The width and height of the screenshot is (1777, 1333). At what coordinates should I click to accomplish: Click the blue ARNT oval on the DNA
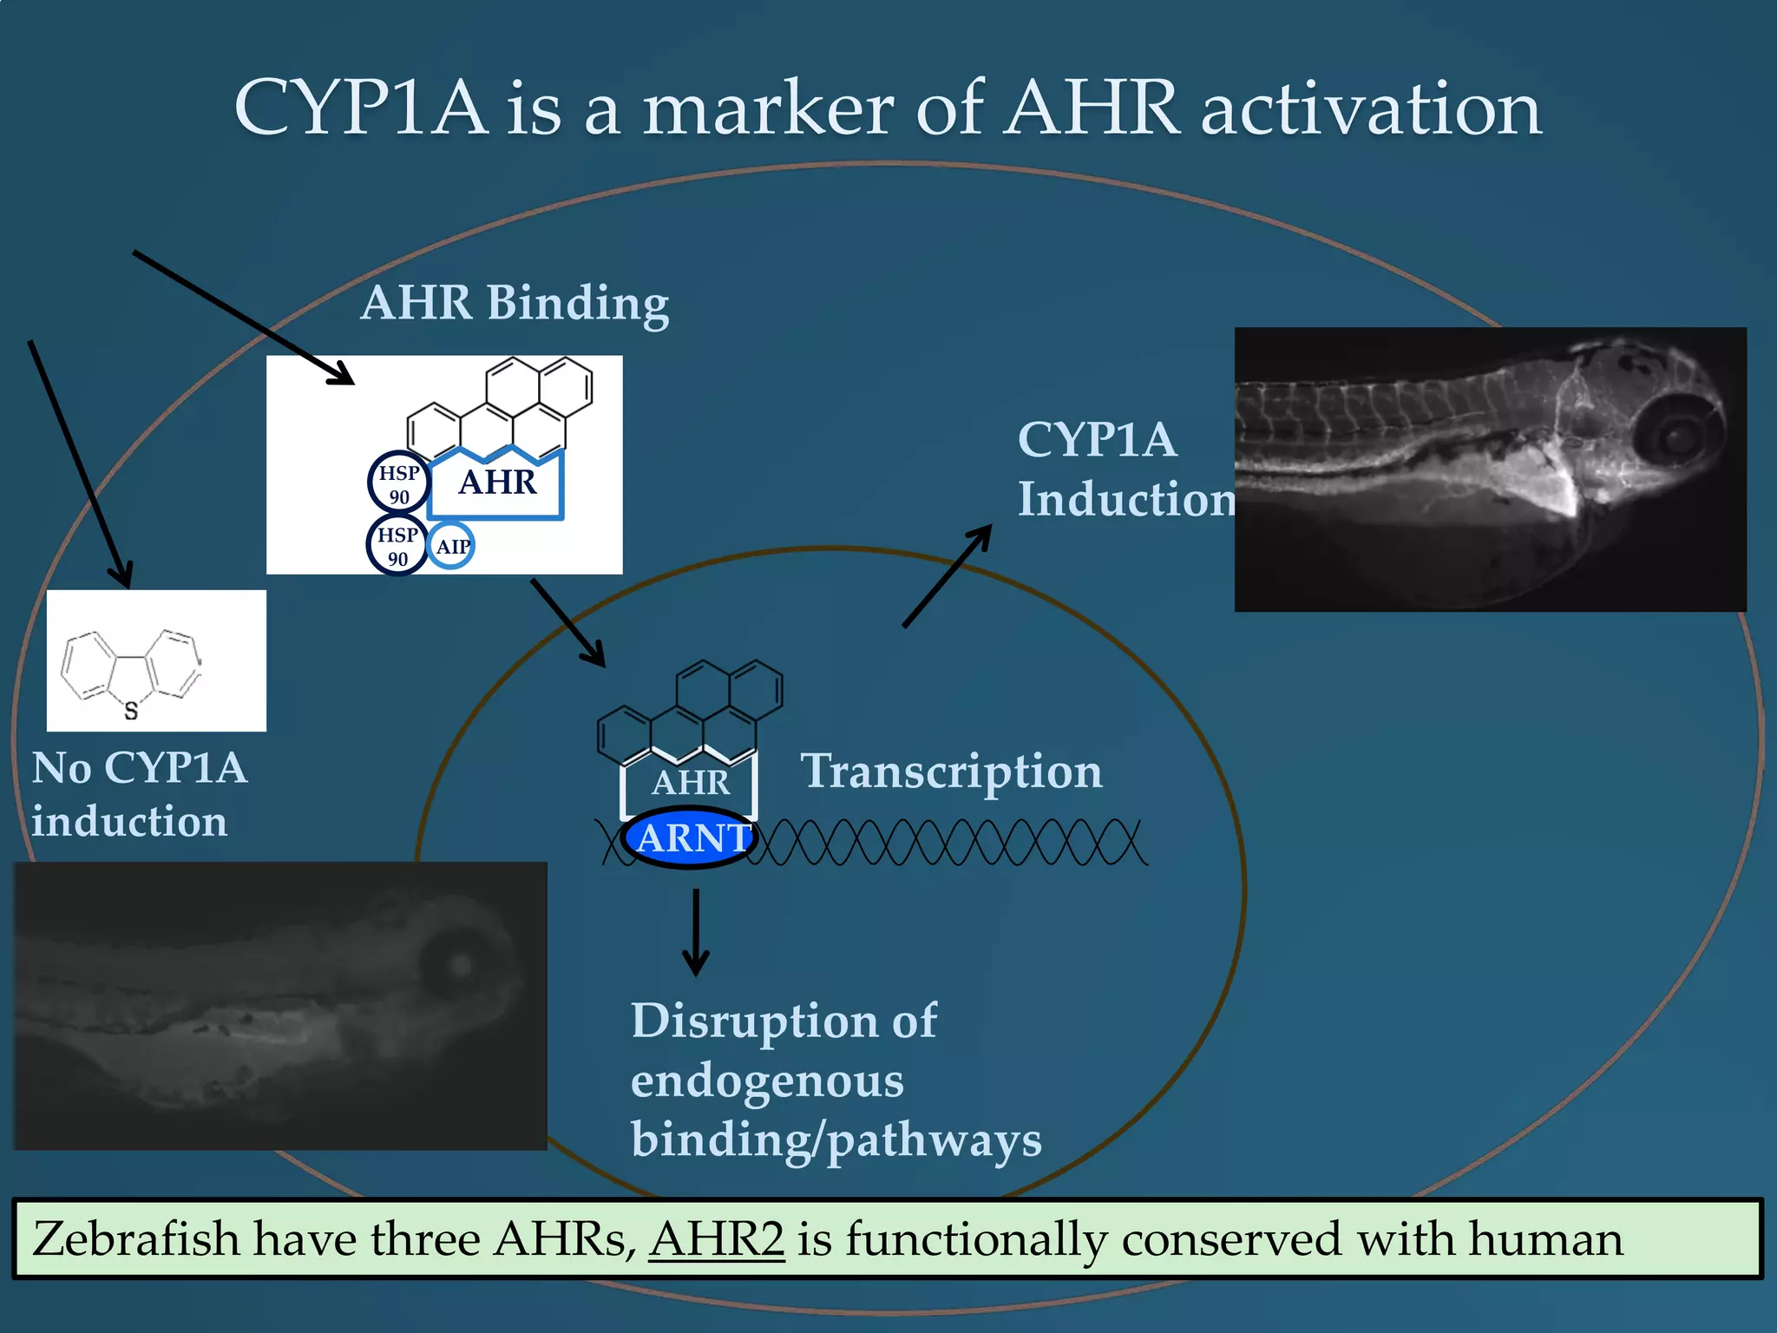click(x=690, y=838)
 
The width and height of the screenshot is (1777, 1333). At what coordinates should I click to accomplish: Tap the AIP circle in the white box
click(x=452, y=546)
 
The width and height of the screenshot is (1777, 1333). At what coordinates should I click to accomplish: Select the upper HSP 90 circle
click(x=399, y=483)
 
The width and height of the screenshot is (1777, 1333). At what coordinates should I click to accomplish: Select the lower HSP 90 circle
click(x=397, y=545)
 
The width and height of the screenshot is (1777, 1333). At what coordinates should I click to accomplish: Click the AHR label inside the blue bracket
click(x=497, y=483)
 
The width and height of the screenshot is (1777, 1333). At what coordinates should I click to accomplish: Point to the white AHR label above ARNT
click(x=691, y=783)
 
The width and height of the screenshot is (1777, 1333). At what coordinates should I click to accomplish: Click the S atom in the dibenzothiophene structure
click(x=131, y=711)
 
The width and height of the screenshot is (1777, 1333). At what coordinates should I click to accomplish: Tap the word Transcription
click(x=951, y=772)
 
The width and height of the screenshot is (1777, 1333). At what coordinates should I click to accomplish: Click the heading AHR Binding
click(x=515, y=303)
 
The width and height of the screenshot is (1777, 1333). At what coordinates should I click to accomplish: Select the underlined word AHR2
click(x=717, y=1238)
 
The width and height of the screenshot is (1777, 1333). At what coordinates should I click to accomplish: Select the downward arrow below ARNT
click(x=695, y=933)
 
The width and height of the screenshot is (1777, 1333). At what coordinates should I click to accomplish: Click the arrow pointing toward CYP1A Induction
click(x=948, y=575)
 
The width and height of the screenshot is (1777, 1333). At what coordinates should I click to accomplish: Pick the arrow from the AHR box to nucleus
click(x=568, y=623)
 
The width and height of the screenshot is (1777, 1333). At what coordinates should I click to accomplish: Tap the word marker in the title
click(x=767, y=110)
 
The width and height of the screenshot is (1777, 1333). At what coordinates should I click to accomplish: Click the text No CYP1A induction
click(x=139, y=794)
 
